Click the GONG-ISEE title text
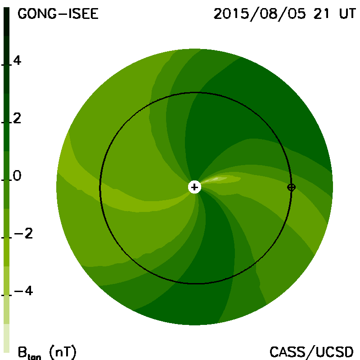tap(58, 14)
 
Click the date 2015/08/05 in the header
tap(260, 14)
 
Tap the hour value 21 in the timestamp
tap(321, 14)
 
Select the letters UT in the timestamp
tap(347, 14)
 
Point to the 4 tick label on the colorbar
tap(17, 60)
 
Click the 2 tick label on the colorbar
tap(17, 118)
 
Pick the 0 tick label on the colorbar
tap(17, 175)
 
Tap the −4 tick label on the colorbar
tap(23, 291)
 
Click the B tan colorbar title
tap(29, 352)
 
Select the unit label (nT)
tap(63, 352)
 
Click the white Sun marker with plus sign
tap(194, 187)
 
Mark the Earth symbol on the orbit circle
tap(291, 187)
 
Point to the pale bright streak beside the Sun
tap(220, 179)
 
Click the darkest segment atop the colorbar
tap(6, 22)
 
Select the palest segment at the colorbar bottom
tap(6, 338)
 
